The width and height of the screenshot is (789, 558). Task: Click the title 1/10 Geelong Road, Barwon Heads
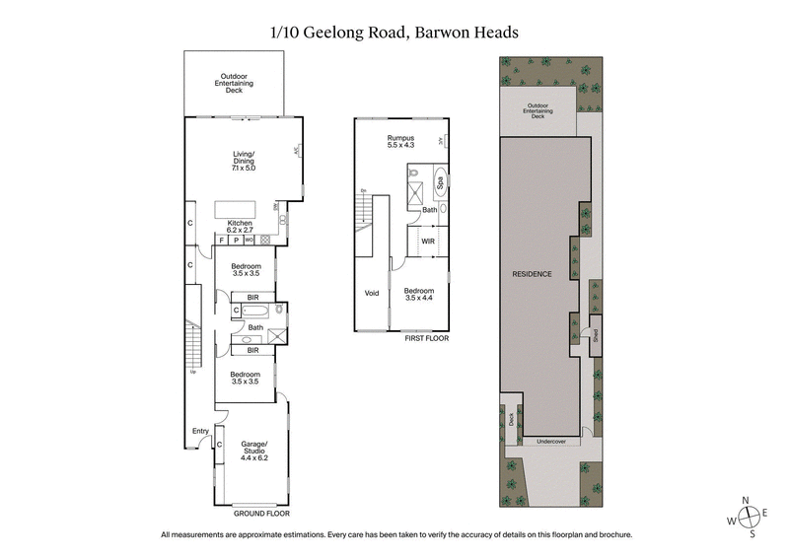tap(394, 32)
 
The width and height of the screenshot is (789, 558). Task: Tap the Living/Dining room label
tap(243, 160)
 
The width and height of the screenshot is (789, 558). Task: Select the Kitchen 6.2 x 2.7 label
tap(242, 226)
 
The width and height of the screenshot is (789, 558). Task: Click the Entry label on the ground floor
tap(200, 430)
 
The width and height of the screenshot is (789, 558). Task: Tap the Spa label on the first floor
tap(441, 181)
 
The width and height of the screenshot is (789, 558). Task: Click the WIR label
tap(428, 240)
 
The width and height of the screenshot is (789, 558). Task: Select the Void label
tap(372, 292)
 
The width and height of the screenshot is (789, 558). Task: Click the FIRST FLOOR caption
tap(426, 338)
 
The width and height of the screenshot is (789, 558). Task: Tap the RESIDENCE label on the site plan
tap(532, 273)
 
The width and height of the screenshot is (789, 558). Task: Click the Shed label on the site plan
tap(595, 335)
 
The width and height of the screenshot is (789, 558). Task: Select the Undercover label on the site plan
tap(550, 442)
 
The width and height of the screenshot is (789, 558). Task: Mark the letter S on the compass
tap(752, 534)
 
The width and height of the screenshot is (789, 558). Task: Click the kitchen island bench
tap(242, 209)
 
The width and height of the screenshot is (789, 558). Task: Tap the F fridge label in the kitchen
tap(222, 239)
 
